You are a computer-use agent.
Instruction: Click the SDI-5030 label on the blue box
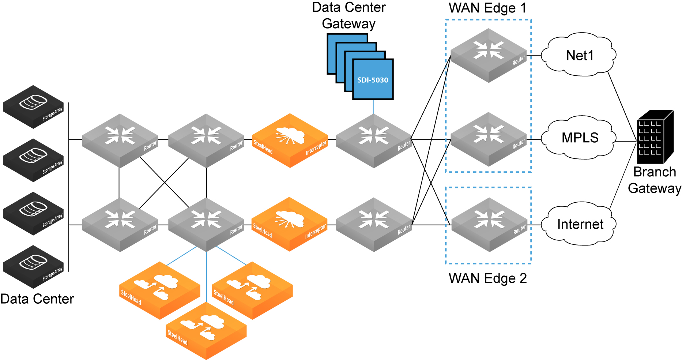[373, 80]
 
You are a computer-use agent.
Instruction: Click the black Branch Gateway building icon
[655, 137]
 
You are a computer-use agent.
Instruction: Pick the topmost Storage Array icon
[33, 106]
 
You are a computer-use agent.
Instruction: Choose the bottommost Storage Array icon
[33, 266]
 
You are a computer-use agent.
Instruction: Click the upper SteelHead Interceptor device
[290, 140]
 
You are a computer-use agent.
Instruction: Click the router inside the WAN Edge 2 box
[489, 224]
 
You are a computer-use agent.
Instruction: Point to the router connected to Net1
[489, 55]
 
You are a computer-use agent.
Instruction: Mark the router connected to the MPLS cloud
[489, 139]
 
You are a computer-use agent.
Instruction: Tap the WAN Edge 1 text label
[487, 8]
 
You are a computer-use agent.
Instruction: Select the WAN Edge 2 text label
[487, 278]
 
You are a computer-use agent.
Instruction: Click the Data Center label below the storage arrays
[37, 299]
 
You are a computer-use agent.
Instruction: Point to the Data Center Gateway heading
[348, 15]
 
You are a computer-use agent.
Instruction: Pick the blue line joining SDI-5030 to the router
[373, 106]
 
